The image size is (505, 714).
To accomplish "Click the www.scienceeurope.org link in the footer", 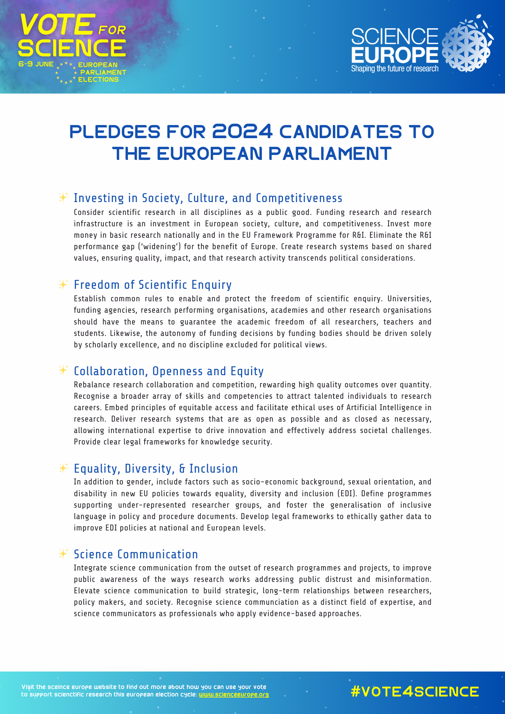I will click(234, 694).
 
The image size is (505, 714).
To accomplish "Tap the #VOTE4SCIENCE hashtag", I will click(415, 692).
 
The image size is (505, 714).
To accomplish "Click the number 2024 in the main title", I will click(242, 132).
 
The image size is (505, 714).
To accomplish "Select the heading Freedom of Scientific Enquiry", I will click(153, 285).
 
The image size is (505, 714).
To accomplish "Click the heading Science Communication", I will click(136, 554).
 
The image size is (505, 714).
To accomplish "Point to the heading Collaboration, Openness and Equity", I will click(169, 371).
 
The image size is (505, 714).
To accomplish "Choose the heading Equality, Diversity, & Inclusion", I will click(156, 469).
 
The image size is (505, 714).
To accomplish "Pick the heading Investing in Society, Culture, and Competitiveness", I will click(208, 198).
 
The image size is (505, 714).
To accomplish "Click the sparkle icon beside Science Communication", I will click(63, 554).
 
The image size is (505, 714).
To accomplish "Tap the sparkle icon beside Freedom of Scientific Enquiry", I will click(63, 285).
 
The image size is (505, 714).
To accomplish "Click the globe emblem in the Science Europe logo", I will click(467, 44).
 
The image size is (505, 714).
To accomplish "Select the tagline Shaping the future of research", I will click(395, 69).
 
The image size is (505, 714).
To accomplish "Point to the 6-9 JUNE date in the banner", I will click(36, 64).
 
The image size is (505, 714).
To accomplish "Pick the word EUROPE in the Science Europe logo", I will click(395, 54).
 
